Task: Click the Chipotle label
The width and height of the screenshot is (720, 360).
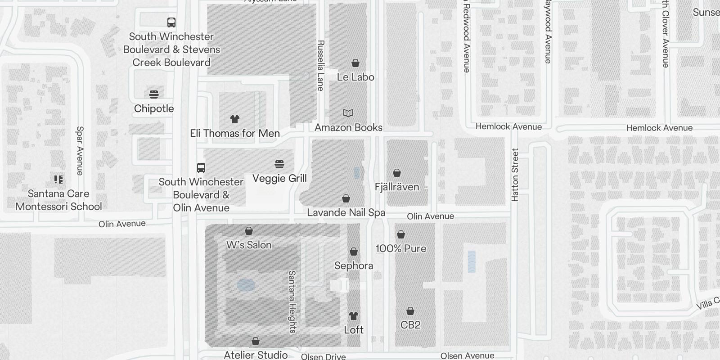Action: click(x=154, y=108)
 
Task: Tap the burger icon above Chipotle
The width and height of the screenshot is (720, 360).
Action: click(x=154, y=94)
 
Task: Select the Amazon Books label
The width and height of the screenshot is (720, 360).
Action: click(x=348, y=127)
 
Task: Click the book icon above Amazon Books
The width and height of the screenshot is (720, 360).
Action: click(x=348, y=113)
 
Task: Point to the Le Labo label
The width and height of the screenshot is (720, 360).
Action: click(x=355, y=77)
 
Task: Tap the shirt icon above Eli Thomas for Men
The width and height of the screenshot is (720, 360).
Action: click(x=235, y=119)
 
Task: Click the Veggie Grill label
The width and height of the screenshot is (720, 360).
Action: click(x=279, y=178)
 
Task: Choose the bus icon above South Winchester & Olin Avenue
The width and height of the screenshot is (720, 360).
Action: click(x=201, y=168)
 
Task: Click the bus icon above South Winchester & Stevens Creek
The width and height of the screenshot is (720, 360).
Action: click(x=171, y=22)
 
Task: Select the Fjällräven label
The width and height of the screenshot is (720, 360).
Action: click(x=397, y=187)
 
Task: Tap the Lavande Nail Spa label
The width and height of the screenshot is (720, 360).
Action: click(x=346, y=212)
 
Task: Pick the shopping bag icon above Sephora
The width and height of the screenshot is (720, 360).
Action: click(x=354, y=252)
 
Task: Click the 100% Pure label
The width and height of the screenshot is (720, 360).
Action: click(x=401, y=248)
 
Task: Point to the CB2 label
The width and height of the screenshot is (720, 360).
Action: click(x=410, y=325)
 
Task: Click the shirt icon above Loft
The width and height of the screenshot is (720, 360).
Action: click(x=354, y=316)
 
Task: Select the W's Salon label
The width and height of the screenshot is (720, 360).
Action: click(x=249, y=245)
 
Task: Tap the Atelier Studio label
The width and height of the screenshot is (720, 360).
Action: click(x=256, y=355)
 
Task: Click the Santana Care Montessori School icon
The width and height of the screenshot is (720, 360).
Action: click(x=58, y=180)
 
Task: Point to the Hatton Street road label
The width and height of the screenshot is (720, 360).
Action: click(x=515, y=175)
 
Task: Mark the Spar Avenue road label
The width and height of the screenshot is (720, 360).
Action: click(x=80, y=150)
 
